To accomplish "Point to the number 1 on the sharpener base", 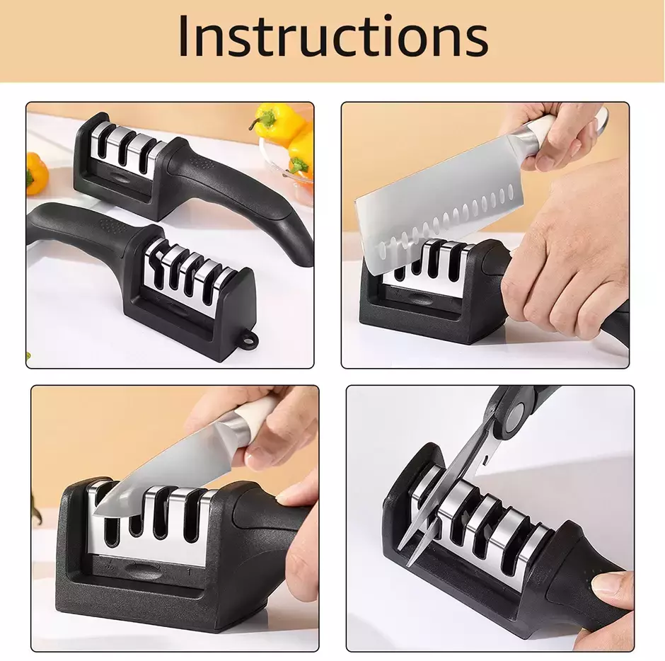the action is tap(189, 572).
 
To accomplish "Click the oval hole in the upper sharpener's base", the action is tap(118, 178).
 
